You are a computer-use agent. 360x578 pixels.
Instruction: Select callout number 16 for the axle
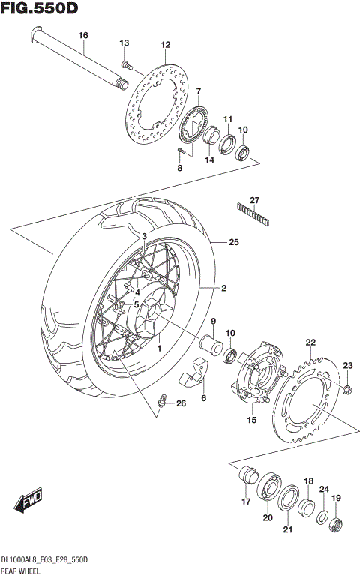tap(82, 36)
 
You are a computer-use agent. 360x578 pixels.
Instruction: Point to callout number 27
tap(254, 200)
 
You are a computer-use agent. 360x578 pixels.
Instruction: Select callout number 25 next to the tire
tap(234, 243)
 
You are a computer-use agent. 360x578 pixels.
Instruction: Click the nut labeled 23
tap(347, 388)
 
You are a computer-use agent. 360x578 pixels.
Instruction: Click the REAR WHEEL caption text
tap(21, 572)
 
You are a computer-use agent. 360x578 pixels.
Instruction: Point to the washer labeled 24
tap(321, 517)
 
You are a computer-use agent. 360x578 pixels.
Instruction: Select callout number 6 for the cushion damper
tap(203, 399)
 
